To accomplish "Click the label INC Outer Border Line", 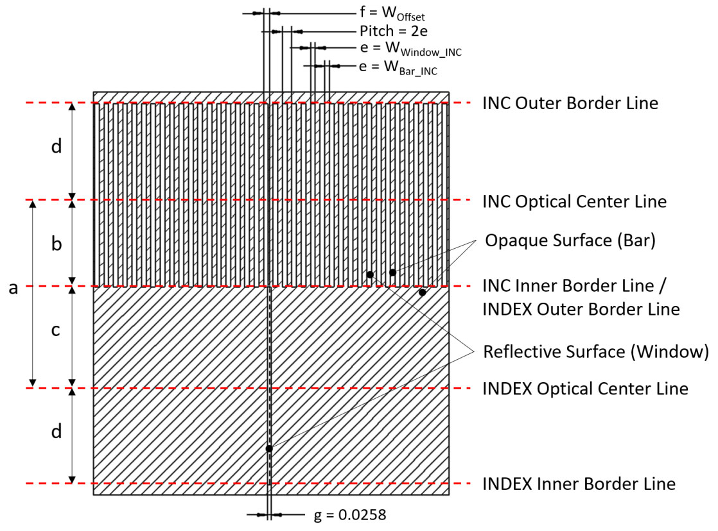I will click(570, 103).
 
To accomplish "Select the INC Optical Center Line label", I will click(574, 201).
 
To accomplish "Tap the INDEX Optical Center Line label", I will click(585, 389).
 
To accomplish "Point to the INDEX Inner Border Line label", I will click(579, 484).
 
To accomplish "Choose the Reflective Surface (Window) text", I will click(595, 351).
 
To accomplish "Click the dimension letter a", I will click(13, 289).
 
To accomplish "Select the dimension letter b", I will click(57, 245).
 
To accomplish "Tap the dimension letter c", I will click(57, 331).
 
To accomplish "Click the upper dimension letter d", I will click(57, 147).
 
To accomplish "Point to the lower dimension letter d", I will click(57, 432).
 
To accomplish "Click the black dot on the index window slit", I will click(269, 448).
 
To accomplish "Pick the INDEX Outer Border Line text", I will click(581, 308).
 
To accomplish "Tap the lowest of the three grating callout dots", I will click(422, 292).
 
